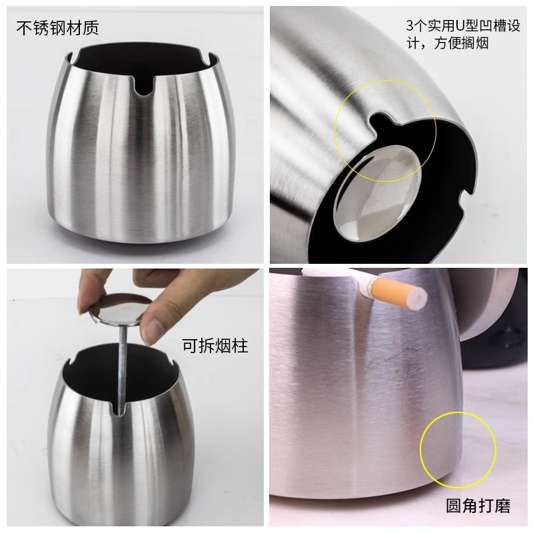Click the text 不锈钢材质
[x=57, y=28]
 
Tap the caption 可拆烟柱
[x=215, y=346]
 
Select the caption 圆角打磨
[x=478, y=506]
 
